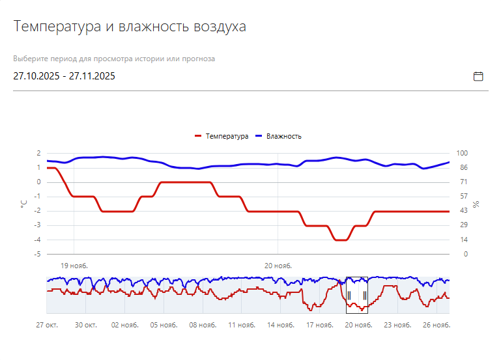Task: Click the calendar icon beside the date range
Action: pos(478,76)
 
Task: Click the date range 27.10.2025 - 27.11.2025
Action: pos(64,76)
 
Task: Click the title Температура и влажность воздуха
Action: pos(130,27)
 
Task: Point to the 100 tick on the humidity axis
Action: pos(463,154)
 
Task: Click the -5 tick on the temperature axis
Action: pos(39,255)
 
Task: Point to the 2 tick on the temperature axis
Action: pos(39,154)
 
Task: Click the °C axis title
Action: pos(23,204)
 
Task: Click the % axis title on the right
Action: pos(476,204)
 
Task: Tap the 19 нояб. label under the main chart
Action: pos(74,266)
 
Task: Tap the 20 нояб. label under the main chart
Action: pos(278,266)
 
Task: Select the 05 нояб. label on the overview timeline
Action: pos(164,325)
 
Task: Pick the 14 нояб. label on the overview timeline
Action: pos(281,325)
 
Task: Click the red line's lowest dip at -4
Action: pos(341,240)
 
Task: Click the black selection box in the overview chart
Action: pos(356,295)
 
